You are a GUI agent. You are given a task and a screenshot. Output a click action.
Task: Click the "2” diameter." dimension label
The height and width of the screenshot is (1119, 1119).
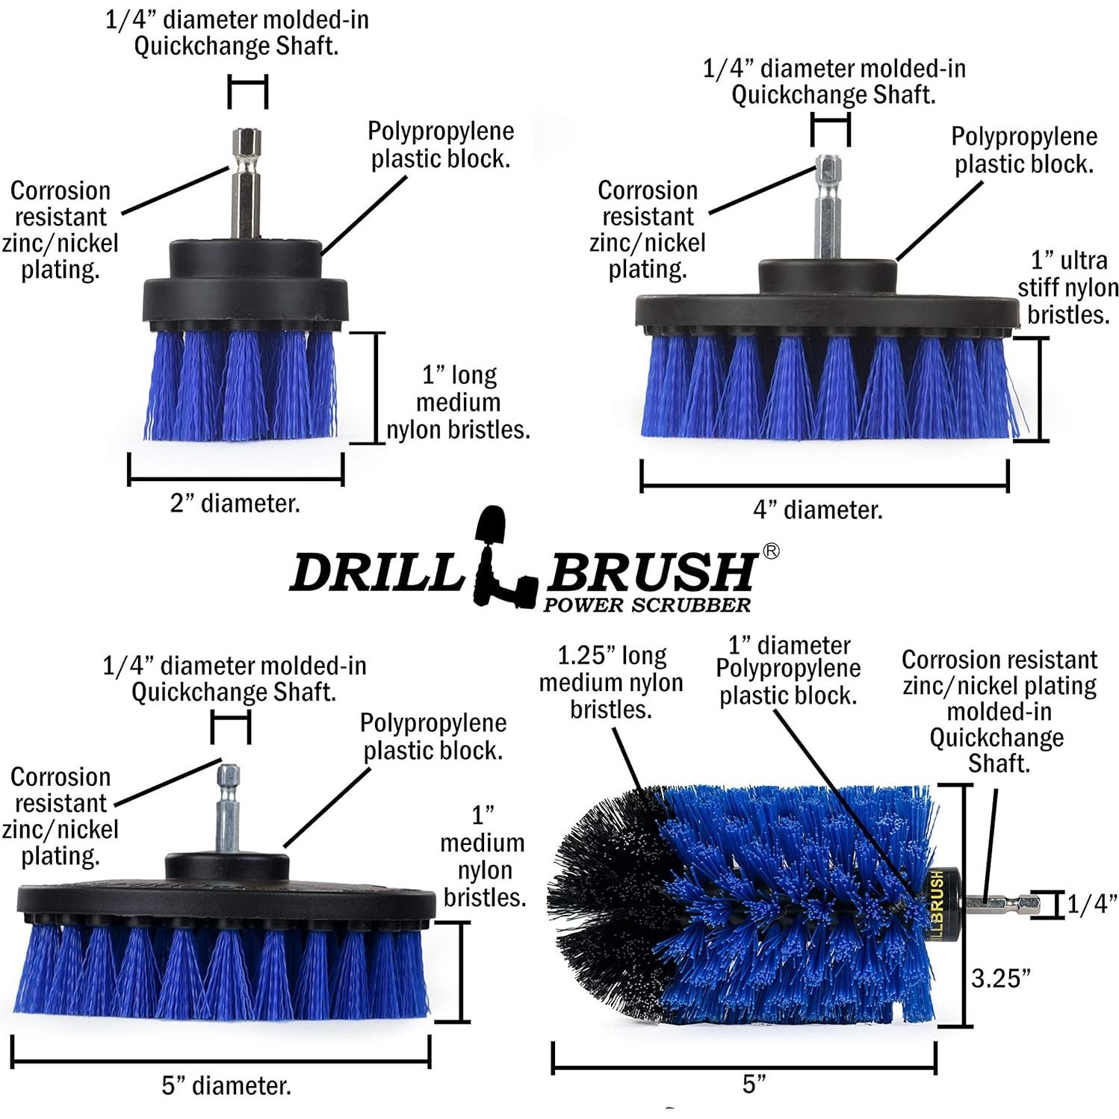pyautogui.click(x=235, y=503)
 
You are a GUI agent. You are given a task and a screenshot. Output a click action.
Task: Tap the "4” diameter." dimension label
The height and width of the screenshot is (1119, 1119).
pyautogui.click(x=817, y=510)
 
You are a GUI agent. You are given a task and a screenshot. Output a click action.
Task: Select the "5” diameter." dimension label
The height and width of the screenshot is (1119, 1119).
pyautogui.click(x=226, y=1085)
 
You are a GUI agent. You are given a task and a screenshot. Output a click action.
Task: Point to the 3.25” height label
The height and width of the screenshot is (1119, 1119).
pyautogui.click(x=1000, y=978)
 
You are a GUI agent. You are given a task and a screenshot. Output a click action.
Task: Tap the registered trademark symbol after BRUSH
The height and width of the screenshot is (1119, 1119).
pyautogui.click(x=771, y=551)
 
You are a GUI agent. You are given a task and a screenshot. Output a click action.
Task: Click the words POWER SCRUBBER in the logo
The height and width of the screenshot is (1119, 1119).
pyautogui.click(x=647, y=605)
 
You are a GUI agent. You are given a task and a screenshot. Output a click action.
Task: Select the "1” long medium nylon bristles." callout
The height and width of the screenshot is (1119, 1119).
pyautogui.click(x=458, y=403)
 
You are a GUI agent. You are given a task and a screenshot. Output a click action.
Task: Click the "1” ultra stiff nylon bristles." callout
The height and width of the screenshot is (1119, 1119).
pyautogui.click(x=1067, y=288)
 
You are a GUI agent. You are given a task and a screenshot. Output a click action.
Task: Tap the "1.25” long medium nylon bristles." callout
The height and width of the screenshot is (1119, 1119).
pyautogui.click(x=611, y=682)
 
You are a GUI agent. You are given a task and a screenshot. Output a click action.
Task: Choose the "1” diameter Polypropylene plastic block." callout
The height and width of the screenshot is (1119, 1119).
pyautogui.click(x=788, y=670)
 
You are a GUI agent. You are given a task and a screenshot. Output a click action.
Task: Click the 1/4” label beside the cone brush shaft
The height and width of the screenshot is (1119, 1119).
pyautogui.click(x=1091, y=905)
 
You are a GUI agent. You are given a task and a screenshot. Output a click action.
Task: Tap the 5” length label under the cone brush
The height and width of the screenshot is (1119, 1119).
pyautogui.click(x=754, y=1084)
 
